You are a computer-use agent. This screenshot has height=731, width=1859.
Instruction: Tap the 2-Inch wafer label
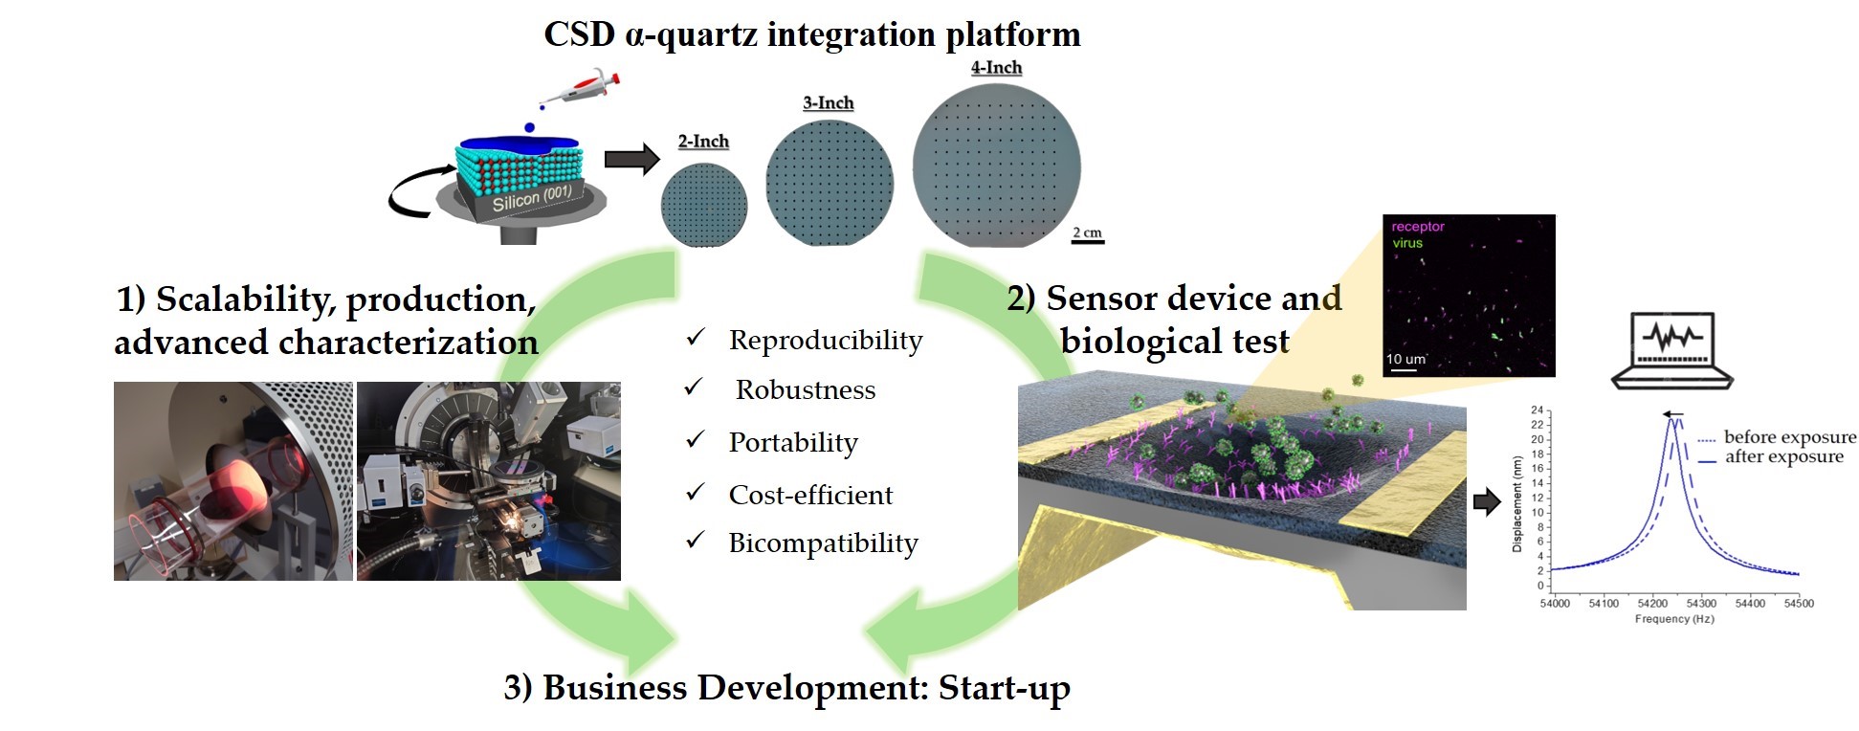pos(703,142)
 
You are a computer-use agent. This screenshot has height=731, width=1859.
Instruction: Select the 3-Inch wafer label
pos(829,103)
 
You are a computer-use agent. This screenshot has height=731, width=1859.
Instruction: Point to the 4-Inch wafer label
pos(996,68)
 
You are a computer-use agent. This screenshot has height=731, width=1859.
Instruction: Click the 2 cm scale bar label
pos(1087,233)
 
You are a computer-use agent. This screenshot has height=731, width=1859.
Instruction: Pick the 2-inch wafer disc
pos(704,205)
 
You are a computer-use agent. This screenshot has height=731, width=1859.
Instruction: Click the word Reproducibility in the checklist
pos(826,341)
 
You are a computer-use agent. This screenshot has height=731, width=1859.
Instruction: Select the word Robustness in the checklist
pos(806,390)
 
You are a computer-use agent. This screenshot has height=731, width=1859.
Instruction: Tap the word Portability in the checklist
pos(793,443)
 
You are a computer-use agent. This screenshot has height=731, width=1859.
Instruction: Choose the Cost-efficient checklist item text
pos(810,495)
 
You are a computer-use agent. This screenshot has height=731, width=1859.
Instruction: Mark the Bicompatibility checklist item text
pos(823,543)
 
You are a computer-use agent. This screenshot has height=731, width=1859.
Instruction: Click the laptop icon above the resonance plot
pos(1672,350)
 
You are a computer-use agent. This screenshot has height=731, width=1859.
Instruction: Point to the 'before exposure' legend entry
pos(1777,437)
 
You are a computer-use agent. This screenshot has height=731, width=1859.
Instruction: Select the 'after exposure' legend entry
pos(1770,457)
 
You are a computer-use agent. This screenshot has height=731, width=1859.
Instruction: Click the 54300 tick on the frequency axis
pos(1701,604)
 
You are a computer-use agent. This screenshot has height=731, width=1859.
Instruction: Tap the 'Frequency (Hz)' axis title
pos(1674,619)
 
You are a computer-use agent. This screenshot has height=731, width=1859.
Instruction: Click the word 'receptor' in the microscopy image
pos(1418,227)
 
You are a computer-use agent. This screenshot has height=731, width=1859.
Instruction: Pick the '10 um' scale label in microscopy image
pos(1405,359)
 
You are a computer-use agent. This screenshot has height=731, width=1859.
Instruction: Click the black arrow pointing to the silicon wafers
pos(632,158)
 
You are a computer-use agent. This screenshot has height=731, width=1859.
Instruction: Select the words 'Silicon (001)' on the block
pos(532,198)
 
